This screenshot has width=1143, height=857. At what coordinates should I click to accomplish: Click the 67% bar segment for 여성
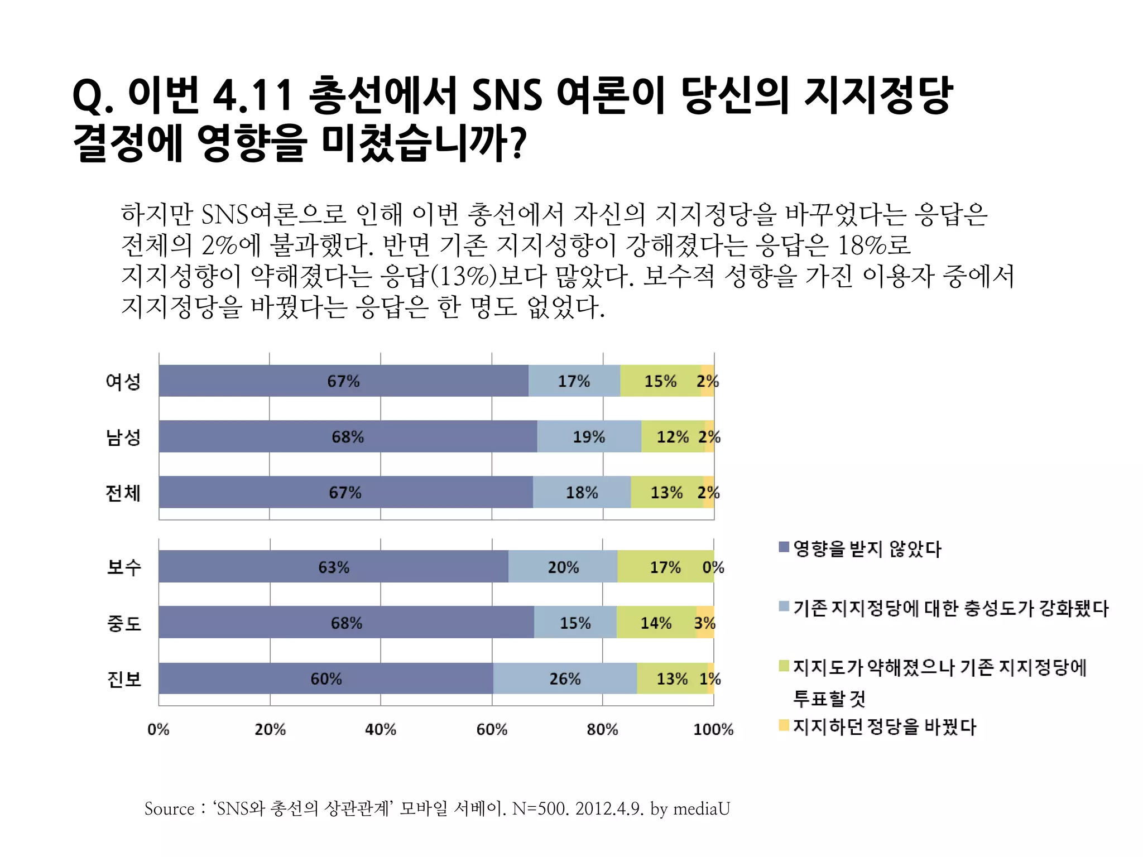343,381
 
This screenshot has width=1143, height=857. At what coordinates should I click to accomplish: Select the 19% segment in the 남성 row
589,436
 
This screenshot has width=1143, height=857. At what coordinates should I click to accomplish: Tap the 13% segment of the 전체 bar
666,492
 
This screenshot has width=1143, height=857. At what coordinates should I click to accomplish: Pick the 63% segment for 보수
333,567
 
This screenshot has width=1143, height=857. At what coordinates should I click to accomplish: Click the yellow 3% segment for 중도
705,623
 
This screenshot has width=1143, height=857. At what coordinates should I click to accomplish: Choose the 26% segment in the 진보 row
565,678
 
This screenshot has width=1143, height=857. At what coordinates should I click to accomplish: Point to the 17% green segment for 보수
665,567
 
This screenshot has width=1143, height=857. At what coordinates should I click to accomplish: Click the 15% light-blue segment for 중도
575,623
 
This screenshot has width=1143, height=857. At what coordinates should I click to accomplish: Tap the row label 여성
123,382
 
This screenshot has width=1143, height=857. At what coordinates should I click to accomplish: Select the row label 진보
124,679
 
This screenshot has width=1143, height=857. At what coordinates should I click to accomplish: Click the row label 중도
124,623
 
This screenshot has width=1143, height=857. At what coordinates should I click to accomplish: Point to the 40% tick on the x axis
381,729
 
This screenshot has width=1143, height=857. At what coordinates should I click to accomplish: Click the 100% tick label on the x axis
713,729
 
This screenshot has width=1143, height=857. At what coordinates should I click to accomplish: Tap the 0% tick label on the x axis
159,729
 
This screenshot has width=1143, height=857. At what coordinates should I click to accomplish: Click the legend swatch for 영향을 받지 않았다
784,547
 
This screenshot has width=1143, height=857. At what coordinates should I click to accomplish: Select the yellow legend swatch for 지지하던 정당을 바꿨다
784,725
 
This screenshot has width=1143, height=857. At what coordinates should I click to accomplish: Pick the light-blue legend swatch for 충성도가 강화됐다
784,606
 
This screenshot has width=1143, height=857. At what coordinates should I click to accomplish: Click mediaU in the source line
702,808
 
